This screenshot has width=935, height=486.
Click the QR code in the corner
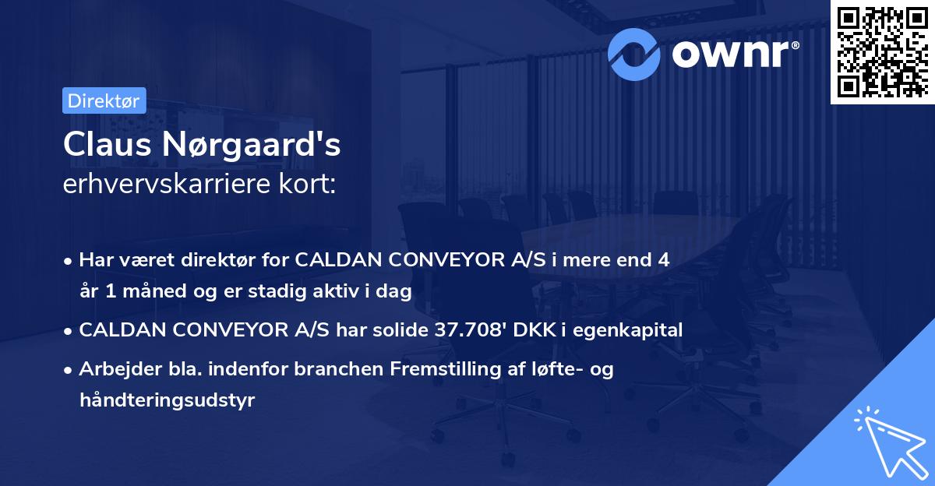881,51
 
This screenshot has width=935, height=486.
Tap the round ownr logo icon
634,52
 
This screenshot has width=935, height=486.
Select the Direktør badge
104,100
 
